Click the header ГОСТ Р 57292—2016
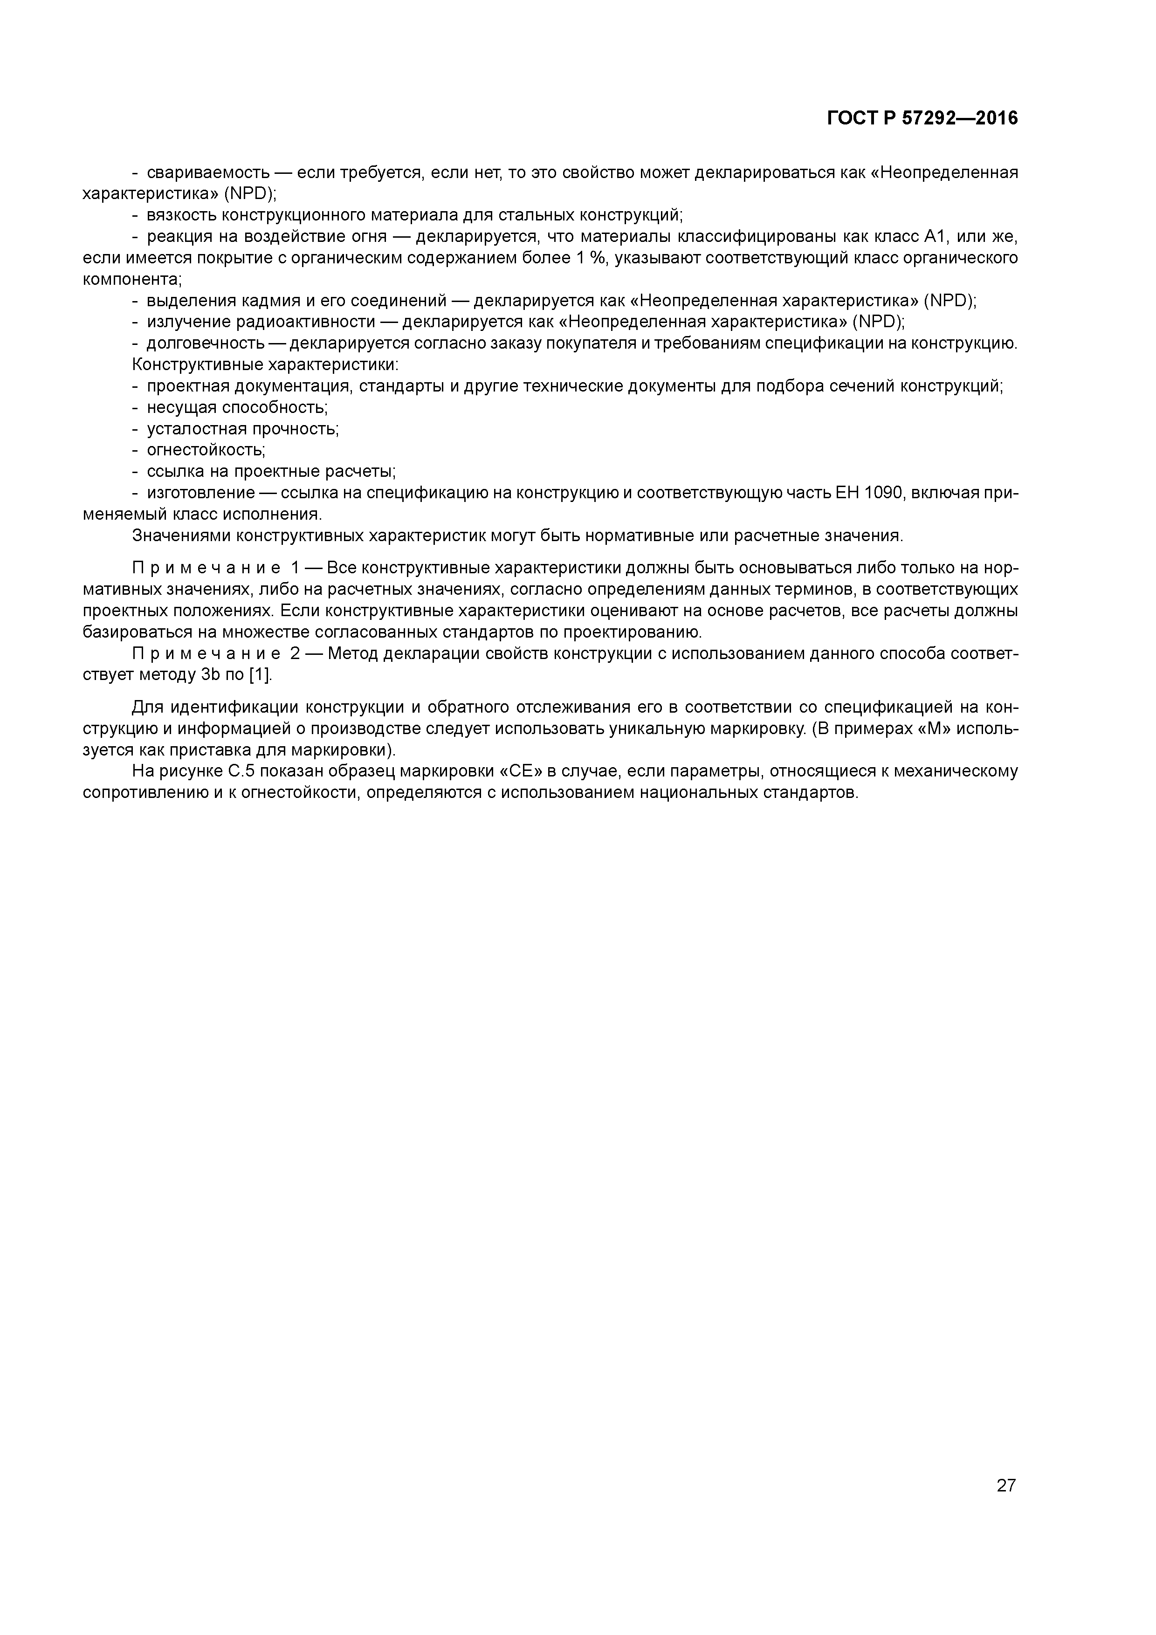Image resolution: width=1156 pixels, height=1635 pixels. pyautogui.click(x=922, y=118)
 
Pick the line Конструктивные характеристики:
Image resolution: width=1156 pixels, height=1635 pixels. pyautogui.click(x=265, y=364)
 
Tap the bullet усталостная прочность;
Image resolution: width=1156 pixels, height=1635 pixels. pyautogui.click(x=242, y=429)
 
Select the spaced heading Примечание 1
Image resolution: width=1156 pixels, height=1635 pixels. pyautogui.click(x=215, y=568)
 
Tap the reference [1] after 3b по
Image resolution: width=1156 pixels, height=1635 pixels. pyautogui.click(x=260, y=675)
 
